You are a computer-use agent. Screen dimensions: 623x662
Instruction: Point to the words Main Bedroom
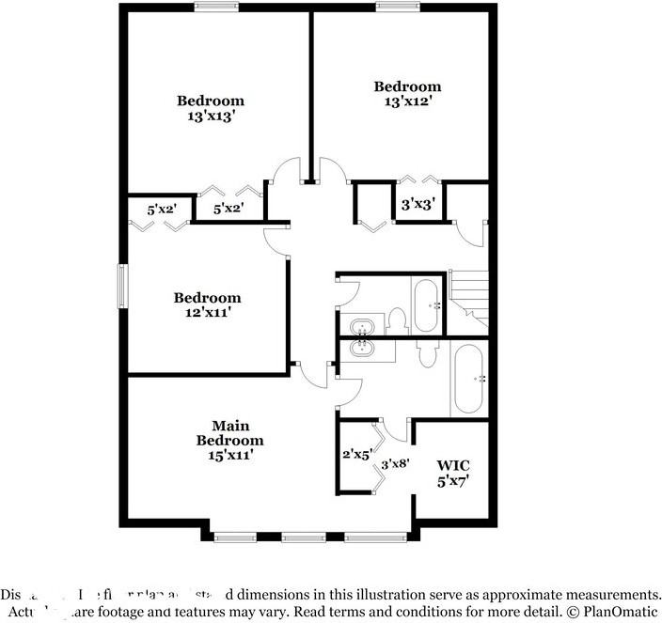tap(229, 433)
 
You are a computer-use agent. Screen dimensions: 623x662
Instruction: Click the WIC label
tap(453, 465)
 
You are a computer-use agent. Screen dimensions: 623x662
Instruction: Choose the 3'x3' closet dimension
tap(418, 203)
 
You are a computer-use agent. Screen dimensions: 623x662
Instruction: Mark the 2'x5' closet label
tap(358, 455)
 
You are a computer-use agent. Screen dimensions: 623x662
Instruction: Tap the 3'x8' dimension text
tap(396, 462)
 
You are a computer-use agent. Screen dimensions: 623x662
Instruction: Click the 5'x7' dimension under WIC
tap(453, 480)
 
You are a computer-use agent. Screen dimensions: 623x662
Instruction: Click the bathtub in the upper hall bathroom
tap(425, 304)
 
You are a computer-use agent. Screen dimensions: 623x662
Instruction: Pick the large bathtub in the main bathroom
tap(469, 379)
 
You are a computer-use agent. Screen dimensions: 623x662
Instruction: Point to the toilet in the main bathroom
tap(427, 353)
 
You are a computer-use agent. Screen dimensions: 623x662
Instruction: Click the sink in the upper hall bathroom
tap(362, 327)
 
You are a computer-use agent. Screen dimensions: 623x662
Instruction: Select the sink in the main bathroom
tap(362, 348)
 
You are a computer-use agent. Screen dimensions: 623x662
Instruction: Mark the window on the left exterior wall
tap(121, 285)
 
